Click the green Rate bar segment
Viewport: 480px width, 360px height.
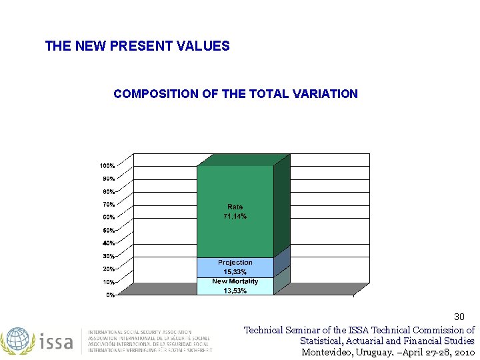(x=235, y=187)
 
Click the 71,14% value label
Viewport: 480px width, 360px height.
(x=235, y=217)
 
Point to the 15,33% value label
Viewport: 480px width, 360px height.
(x=235, y=272)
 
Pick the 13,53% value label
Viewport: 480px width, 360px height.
(x=235, y=291)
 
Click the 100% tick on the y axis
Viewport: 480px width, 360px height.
(x=107, y=165)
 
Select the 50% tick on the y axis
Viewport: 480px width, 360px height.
(x=109, y=230)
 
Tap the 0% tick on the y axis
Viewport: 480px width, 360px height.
(x=111, y=295)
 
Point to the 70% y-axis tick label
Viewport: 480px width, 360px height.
(x=109, y=204)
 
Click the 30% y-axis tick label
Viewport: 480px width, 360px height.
(x=109, y=256)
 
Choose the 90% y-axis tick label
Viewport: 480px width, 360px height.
(x=109, y=179)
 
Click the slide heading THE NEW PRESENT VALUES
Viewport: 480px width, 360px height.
(x=137, y=46)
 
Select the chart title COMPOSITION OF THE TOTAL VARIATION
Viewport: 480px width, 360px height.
(x=235, y=94)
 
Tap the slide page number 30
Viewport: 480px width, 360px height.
(x=459, y=316)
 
